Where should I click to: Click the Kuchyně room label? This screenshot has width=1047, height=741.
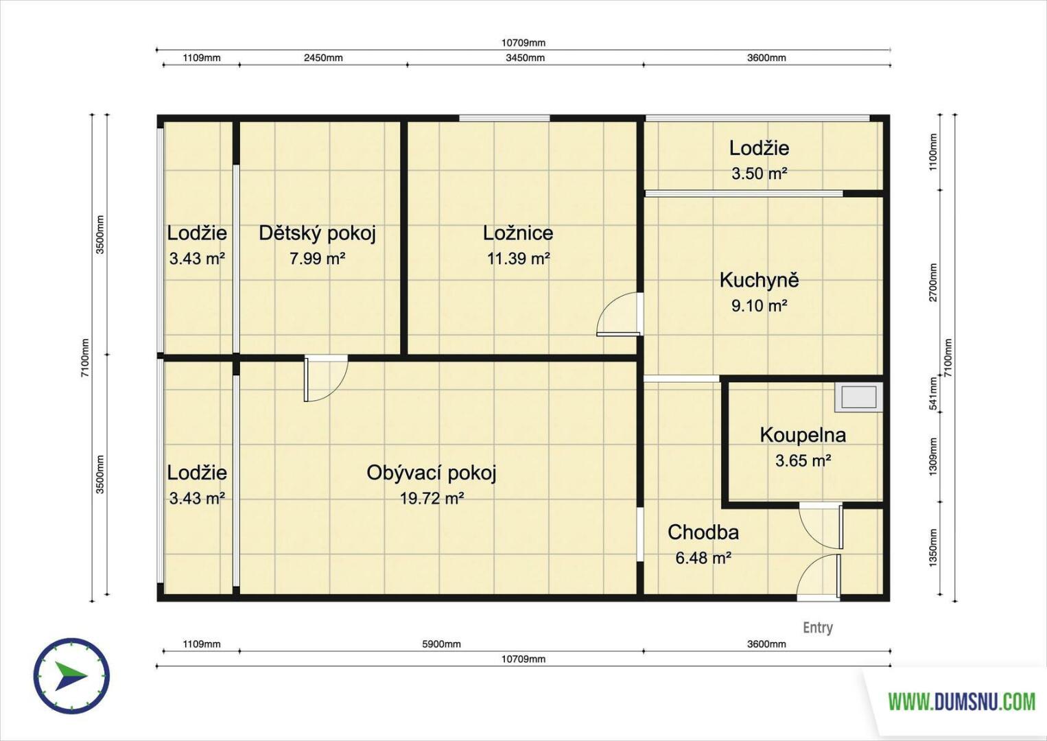[x=759, y=280]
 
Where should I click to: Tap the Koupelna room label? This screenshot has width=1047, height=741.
[x=803, y=435]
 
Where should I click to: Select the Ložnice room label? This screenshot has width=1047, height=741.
[x=518, y=233]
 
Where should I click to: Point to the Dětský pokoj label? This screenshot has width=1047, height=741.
[x=318, y=233]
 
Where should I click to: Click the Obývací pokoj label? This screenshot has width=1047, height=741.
[x=431, y=473]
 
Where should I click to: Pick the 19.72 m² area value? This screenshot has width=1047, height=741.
[x=432, y=499]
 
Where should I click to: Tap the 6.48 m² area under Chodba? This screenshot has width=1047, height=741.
[x=703, y=558]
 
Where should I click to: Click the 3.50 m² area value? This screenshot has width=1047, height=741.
[x=759, y=174]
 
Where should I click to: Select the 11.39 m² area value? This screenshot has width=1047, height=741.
[x=518, y=259]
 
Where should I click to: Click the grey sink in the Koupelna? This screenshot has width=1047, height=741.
[x=859, y=397]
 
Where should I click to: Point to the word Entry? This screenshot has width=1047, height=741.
[x=818, y=627]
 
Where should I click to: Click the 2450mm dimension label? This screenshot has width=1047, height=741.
[x=323, y=58]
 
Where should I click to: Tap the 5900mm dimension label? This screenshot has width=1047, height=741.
[x=441, y=644]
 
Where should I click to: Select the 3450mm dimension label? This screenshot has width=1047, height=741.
[x=525, y=58]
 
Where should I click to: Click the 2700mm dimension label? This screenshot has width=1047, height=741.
[x=933, y=283]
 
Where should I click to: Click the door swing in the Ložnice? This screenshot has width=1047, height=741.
[x=617, y=314]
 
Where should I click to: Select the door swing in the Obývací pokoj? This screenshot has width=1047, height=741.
[x=326, y=378]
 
